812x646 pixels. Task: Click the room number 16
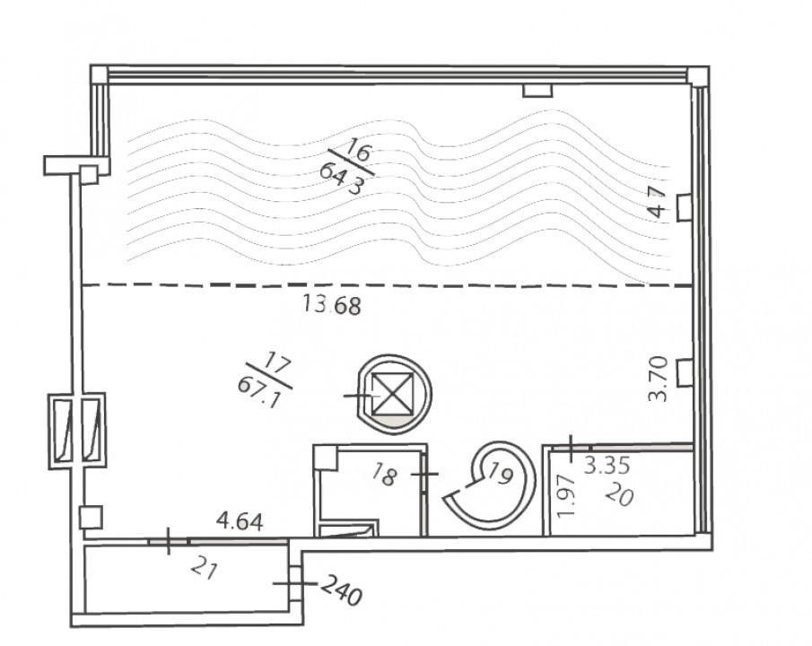click(358, 150)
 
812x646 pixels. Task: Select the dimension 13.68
click(331, 305)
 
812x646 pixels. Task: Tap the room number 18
click(385, 476)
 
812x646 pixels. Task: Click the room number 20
click(619, 496)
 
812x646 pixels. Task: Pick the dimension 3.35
click(607, 466)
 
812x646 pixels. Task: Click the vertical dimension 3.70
click(659, 379)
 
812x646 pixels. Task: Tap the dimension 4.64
click(240, 520)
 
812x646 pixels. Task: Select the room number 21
click(203, 570)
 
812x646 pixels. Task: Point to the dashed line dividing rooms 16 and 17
click(388, 285)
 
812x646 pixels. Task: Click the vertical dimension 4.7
click(658, 203)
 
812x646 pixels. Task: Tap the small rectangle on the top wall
click(537, 91)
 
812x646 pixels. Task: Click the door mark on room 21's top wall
click(169, 541)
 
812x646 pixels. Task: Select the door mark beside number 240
click(294, 583)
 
